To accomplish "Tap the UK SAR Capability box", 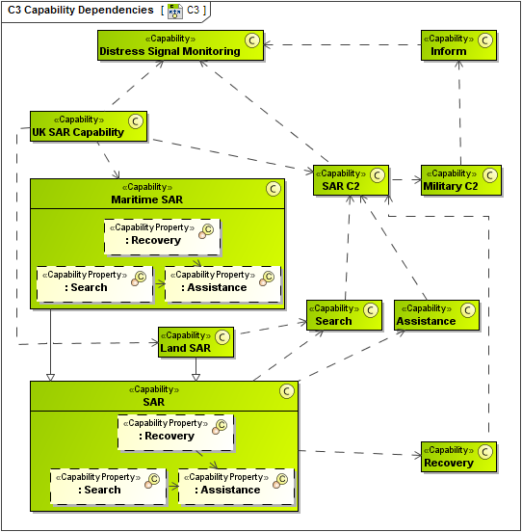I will pos(88,126).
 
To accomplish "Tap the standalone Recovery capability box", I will pos(458,456).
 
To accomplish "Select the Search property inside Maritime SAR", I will pos(94,282).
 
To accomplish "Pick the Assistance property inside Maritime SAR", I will pos(222,282).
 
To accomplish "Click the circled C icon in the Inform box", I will pos(484,40).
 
